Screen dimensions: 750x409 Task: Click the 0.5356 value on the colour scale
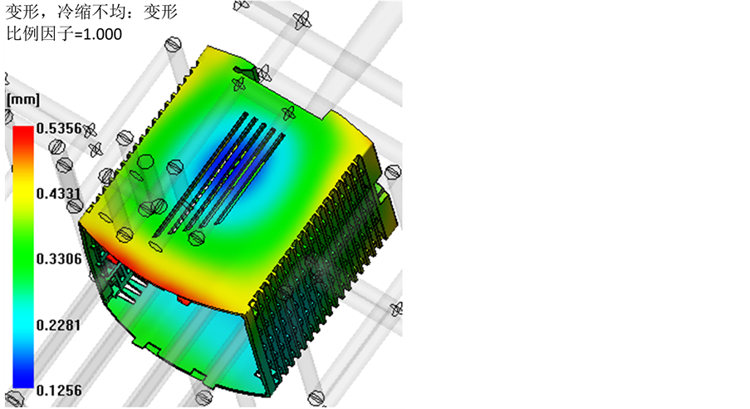point(59,128)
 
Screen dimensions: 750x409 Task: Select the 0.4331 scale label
point(59,194)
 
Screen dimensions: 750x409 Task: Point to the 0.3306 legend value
point(59,259)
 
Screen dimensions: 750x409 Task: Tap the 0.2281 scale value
point(59,325)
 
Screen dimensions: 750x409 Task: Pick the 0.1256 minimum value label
point(59,391)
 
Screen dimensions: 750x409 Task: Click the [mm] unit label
point(22,100)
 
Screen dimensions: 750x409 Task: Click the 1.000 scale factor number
point(102,34)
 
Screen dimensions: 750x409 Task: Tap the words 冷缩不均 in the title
point(91,11)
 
